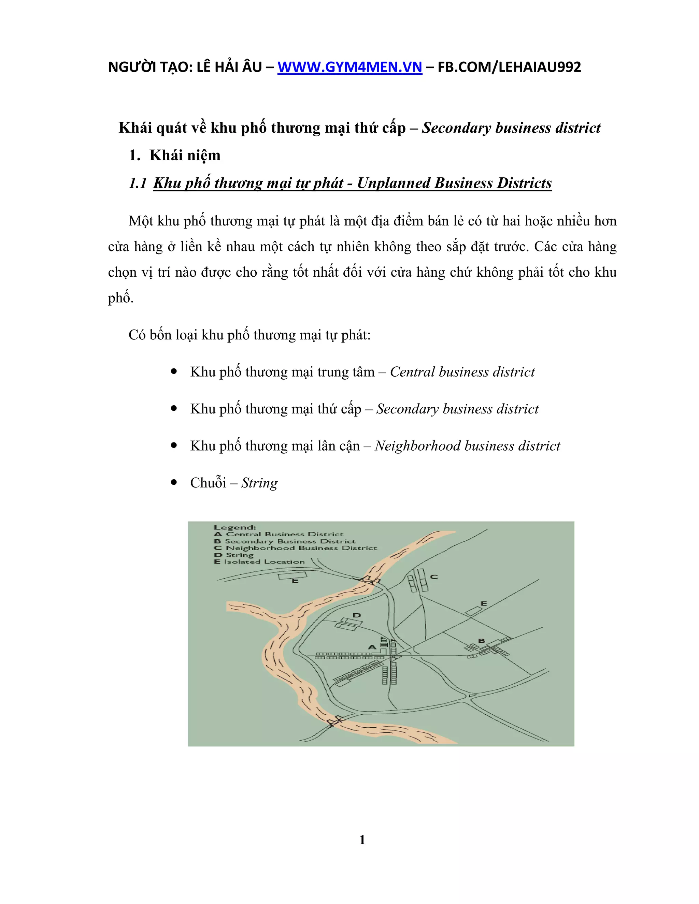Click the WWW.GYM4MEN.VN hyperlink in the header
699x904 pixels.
349,67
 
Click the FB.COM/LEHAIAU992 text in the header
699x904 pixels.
509,67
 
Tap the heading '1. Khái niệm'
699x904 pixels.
174,155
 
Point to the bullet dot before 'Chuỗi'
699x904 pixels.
174,483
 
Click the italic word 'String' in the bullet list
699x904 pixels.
259,483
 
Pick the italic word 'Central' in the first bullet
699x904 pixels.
412,372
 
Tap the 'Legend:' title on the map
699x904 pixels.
234,527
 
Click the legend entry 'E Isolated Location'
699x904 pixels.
259,562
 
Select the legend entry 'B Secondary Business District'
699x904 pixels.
285,541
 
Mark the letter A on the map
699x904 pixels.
372,647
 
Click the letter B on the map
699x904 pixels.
481,641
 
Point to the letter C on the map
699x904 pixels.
434,577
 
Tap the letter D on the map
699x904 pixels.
357,615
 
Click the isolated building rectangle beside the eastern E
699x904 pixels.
474,611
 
